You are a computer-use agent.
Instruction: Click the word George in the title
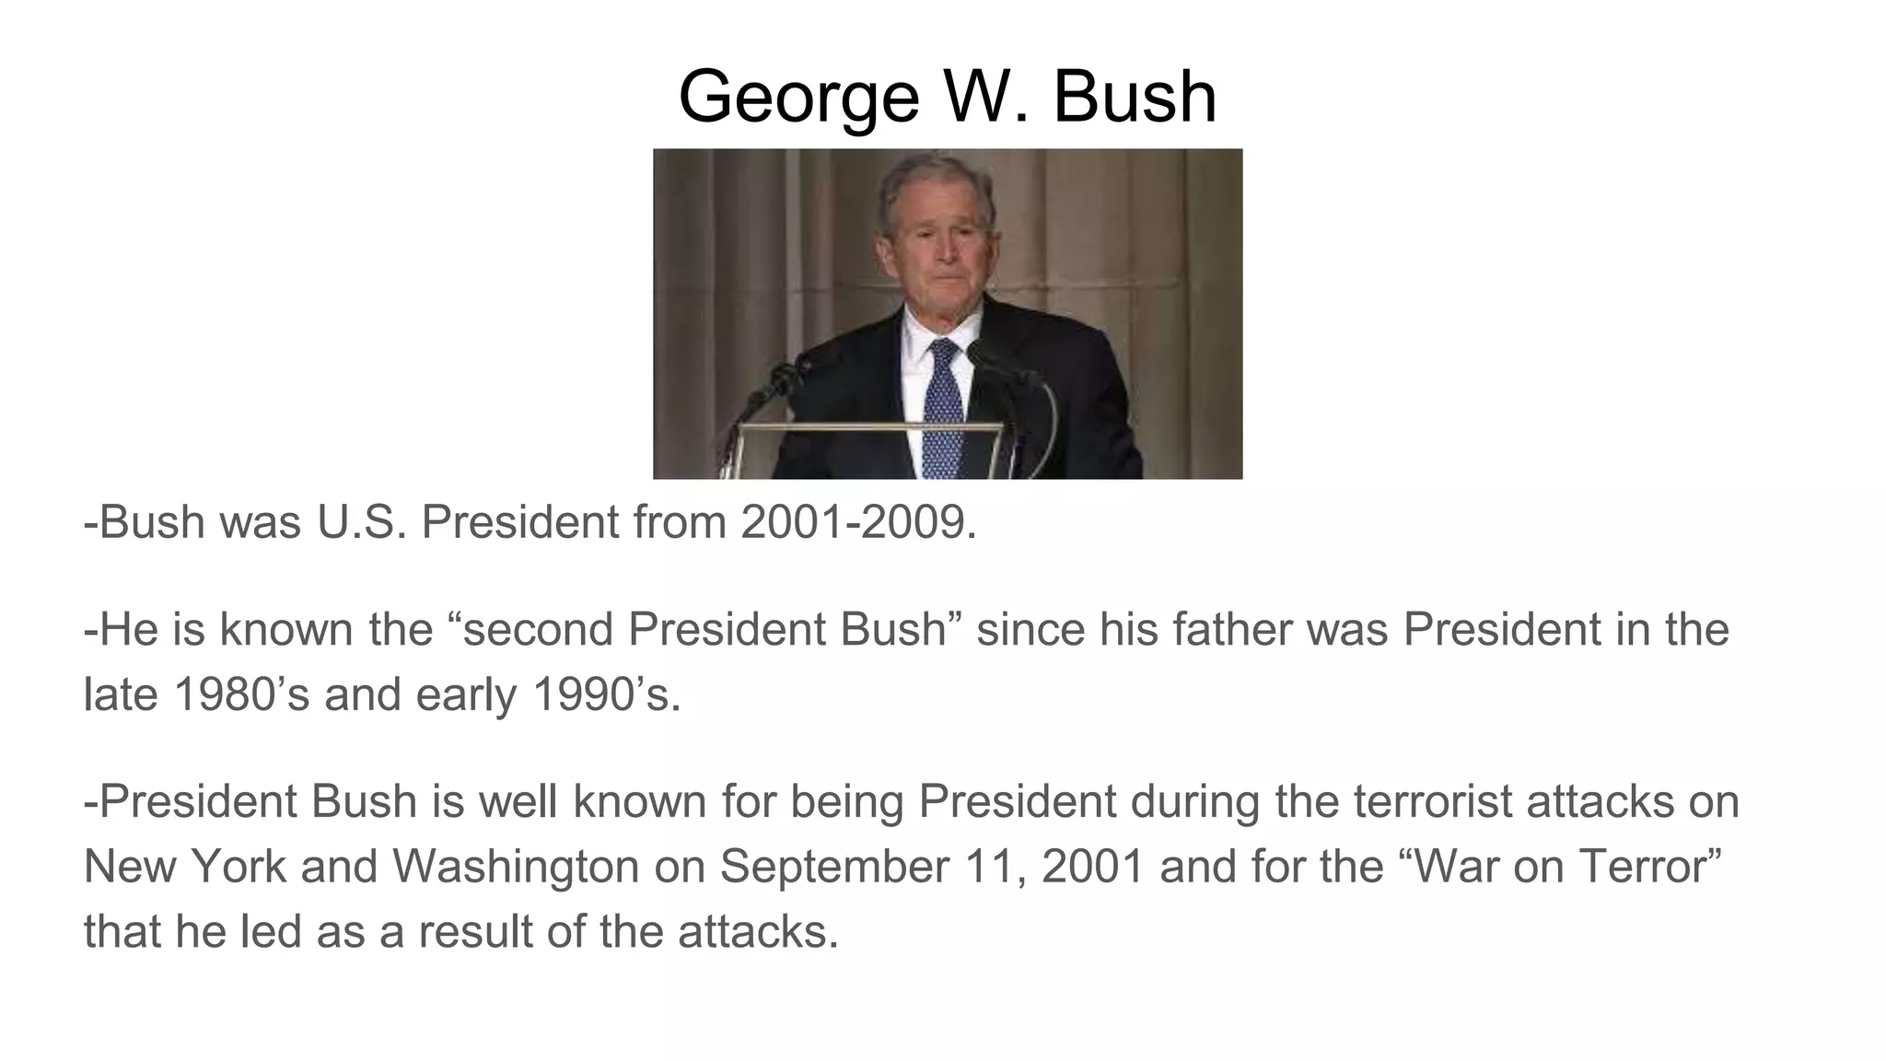pos(798,98)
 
